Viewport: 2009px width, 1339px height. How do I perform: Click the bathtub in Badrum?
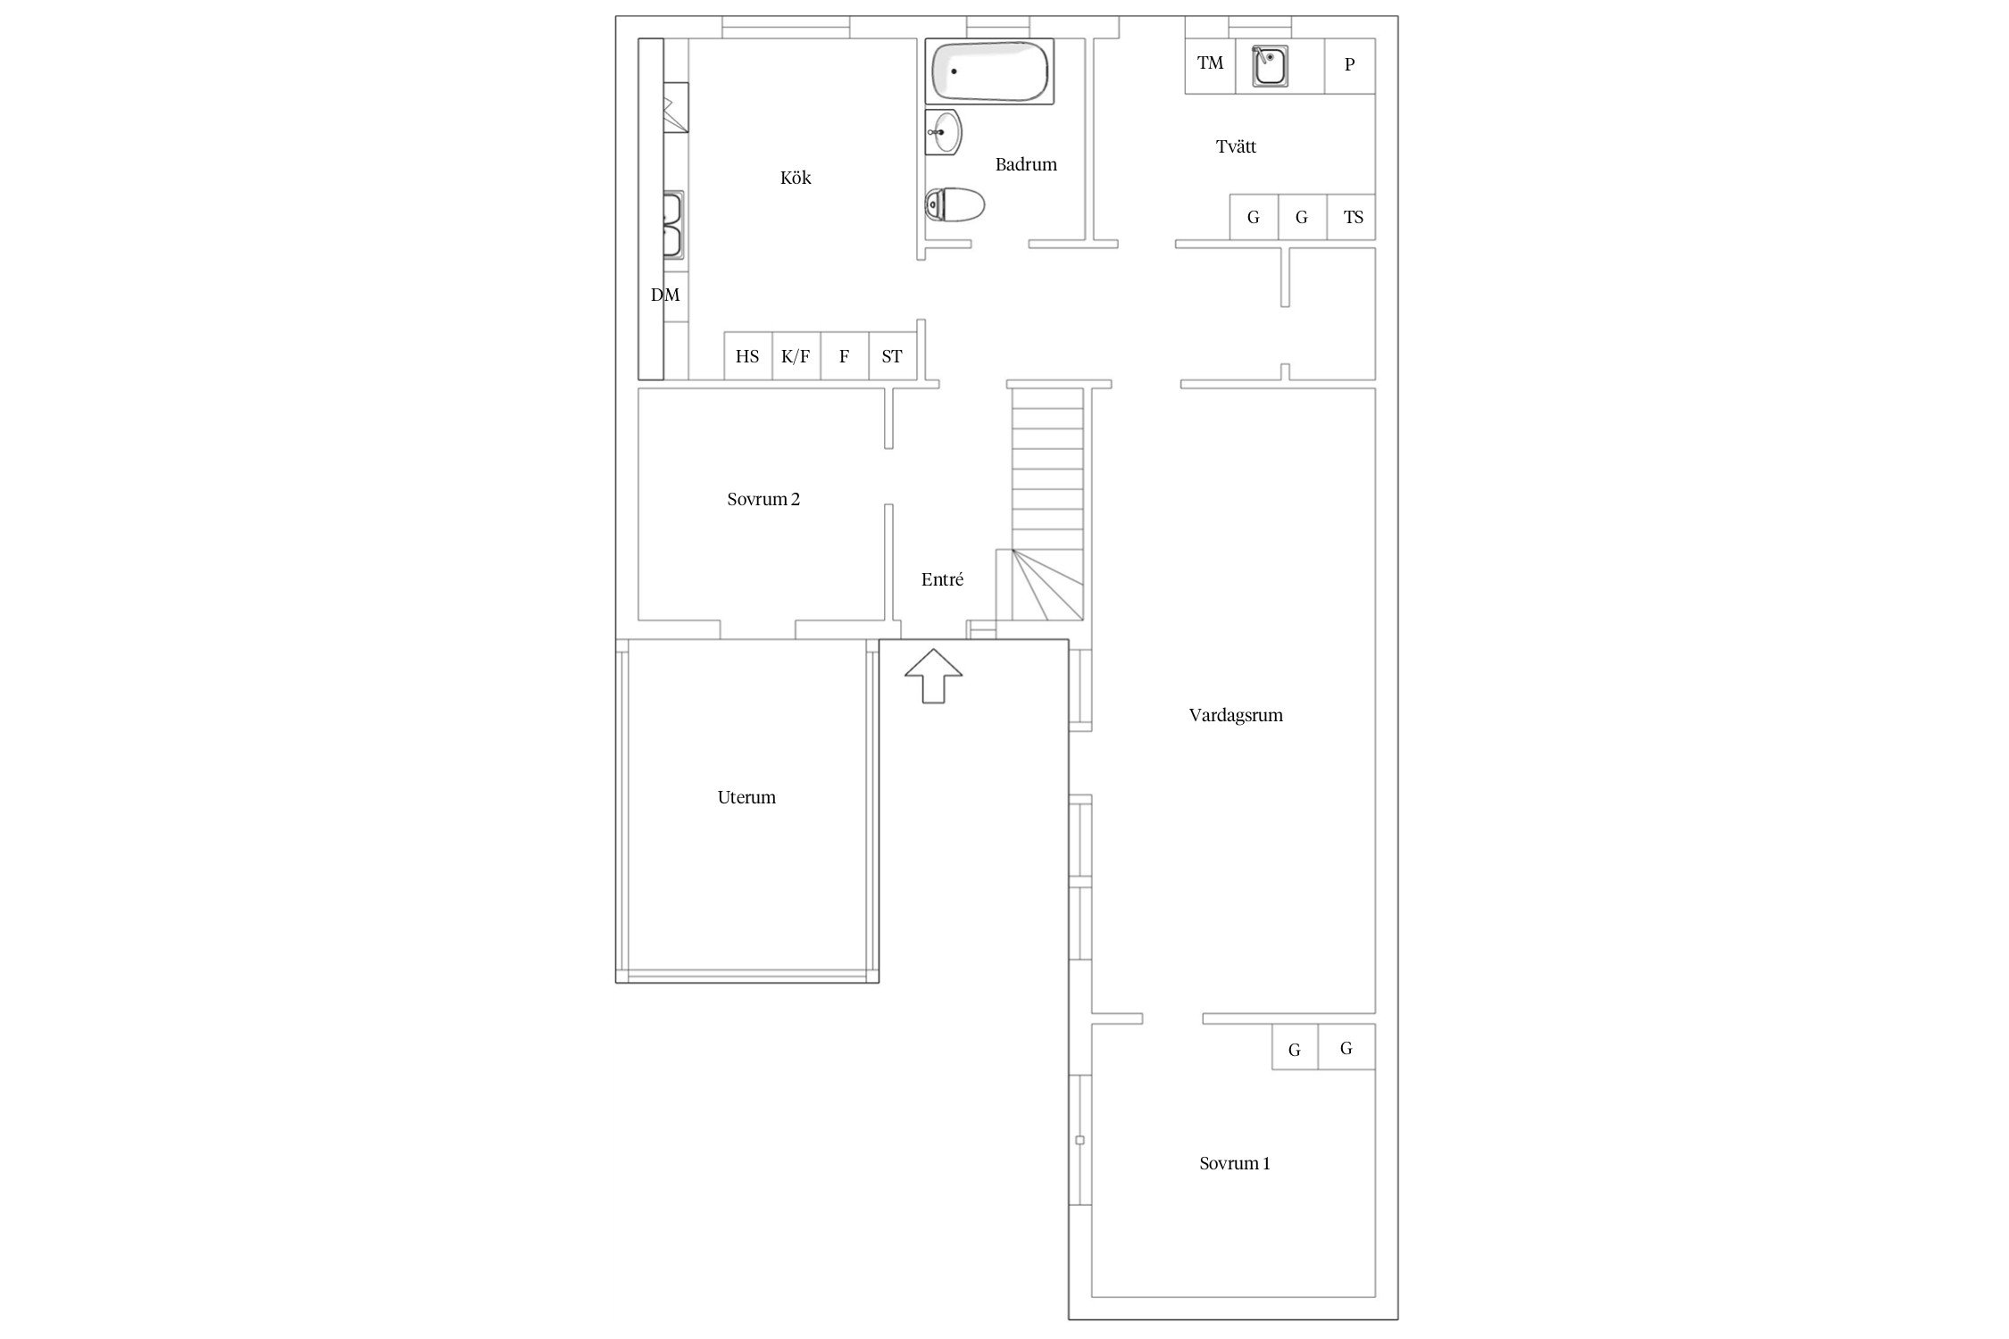pos(989,71)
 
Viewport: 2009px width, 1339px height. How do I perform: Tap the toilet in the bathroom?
pos(954,204)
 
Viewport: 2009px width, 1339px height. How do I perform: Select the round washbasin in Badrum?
pos(943,132)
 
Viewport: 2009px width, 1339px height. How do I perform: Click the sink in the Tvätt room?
pos(1269,66)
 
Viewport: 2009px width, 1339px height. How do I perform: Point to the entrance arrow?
pos(933,676)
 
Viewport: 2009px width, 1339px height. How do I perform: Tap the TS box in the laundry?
pos(1351,217)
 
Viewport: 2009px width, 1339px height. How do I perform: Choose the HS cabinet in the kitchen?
pos(747,356)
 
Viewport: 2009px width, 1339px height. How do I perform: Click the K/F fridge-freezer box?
pos(796,356)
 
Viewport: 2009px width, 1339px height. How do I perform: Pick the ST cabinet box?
pos(892,356)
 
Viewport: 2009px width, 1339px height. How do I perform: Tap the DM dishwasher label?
pos(665,295)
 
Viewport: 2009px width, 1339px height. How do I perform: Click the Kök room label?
pos(796,178)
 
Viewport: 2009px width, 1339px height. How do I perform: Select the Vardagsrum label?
pos(1236,715)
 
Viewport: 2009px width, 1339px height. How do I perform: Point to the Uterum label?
pos(746,797)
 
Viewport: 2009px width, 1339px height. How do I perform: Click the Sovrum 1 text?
pos(1235,1163)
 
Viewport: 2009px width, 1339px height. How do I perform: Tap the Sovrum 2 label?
pos(763,499)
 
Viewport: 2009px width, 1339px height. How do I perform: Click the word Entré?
pos(942,579)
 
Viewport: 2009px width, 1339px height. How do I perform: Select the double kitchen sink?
pos(672,224)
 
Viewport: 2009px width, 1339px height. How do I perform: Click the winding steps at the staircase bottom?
pos(1047,585)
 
